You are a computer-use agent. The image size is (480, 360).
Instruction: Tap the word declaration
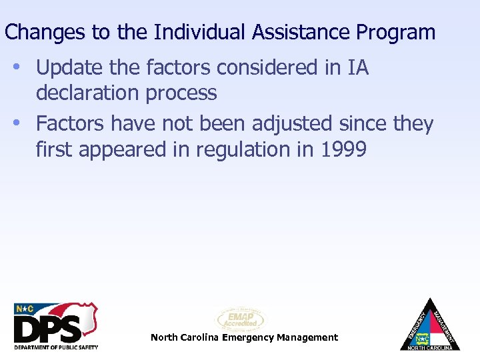point(89,93)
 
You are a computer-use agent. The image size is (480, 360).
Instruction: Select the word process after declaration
point(182,93)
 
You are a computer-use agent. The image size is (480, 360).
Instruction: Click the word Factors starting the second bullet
point(71,124)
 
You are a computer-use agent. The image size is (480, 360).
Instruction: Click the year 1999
point(343,149)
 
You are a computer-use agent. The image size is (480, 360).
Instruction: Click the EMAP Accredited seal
point(240,319)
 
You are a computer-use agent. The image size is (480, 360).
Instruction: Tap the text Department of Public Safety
point(56,347)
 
